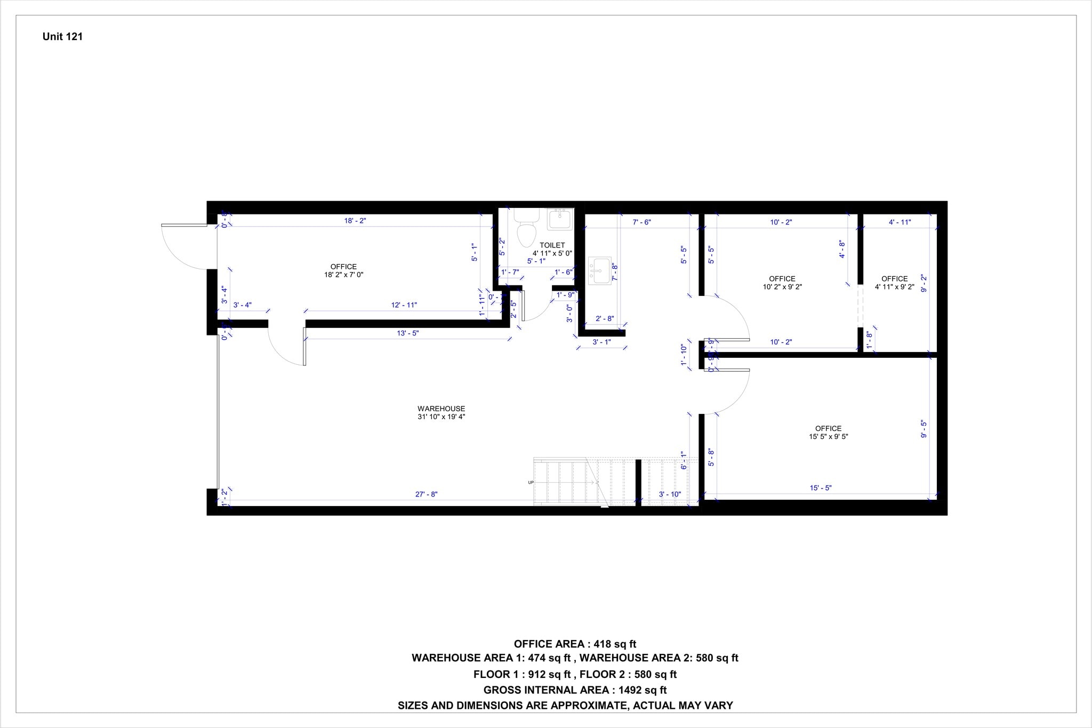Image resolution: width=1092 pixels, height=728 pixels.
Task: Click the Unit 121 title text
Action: click(x=62, y=37)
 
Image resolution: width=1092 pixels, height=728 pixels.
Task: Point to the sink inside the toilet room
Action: click(x=559, y=219)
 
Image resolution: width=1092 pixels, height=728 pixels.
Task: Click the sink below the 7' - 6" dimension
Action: click(x=600, y=271)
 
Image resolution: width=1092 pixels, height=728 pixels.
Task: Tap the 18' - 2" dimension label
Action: click(x=355, y=221)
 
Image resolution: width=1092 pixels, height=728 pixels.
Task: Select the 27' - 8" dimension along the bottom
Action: click(x=426, y=494)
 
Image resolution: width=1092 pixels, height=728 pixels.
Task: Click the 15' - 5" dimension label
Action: click(x=821, y=487)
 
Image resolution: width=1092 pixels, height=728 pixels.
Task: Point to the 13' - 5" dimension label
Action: click(x=408, y=333)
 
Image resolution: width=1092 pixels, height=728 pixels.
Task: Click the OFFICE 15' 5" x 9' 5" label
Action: click(x=828, y=433)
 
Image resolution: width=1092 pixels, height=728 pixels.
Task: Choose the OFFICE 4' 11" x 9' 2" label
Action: click(x=894, y=283)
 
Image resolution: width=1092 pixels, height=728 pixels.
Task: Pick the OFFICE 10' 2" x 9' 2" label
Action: click(x=782, y=283)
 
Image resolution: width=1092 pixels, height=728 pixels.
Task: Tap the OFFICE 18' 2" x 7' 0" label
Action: click(x=343, y=270)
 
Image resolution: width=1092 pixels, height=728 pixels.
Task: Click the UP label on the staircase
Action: click(x=531, y=483)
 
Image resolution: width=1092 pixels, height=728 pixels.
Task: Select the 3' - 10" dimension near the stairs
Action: click(x=670, y=494)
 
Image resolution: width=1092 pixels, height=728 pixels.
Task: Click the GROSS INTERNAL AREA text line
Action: click(x=575, y=690)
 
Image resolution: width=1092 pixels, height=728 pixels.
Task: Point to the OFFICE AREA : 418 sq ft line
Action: click(x=575, y=644)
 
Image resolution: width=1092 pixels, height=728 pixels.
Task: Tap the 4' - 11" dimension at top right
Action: click(x=900, y=222)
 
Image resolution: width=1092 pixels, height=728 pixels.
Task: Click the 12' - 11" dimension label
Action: click(x=404, y=305)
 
